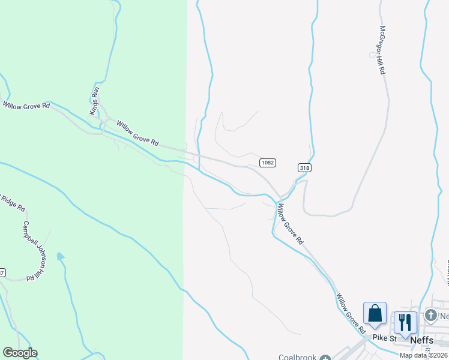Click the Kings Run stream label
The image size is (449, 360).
click(94, 101)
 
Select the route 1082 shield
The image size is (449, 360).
click(268, 163)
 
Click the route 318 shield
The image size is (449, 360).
click(304, 168)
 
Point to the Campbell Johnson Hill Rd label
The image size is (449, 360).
click(35, 251)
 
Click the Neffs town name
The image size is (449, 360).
click(422, 340)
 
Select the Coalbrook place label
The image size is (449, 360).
click(297, 357)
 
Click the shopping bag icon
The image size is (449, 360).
click(375, 314)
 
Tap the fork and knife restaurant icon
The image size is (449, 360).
click(405, 322)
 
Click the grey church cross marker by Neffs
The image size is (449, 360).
click(430, 314)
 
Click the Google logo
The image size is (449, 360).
click(20, 353)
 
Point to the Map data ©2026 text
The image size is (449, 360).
click(423, 355)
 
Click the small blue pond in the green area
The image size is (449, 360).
click(60, 257)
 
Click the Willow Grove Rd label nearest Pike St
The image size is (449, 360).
click(350, 314)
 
